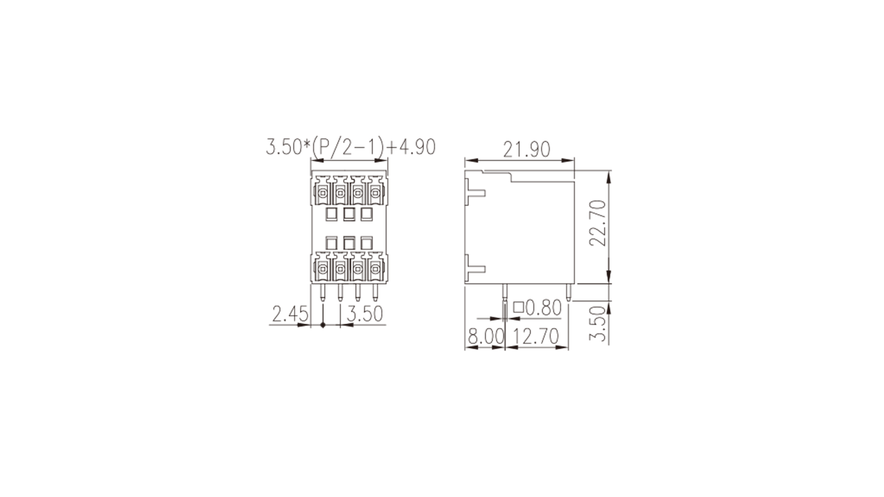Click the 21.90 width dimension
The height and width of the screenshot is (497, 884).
pyautogui.click(x=527, y=150)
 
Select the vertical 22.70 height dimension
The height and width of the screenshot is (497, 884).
pyautogui.click(x=597, y=223)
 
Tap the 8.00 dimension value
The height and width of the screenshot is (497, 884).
pyautogui.click(x=486, y=337)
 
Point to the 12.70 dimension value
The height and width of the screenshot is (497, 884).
pyautogui.click(x=536, y=337)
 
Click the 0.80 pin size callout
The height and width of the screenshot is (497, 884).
pyautogui.click(x=544, y=308)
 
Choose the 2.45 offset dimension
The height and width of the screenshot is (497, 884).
pyautogui.click(x=290, y=314)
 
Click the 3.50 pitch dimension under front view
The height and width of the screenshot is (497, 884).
pyautogui.click(x=365, y=314)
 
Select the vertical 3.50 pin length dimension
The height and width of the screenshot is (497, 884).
pyautogui.click(x=597, y=324)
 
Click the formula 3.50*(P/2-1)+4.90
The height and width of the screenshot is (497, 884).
pyautogui.click(x=350, y=147)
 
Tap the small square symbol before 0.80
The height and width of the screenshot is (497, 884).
pyautogui.click(x=519, y=307)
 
